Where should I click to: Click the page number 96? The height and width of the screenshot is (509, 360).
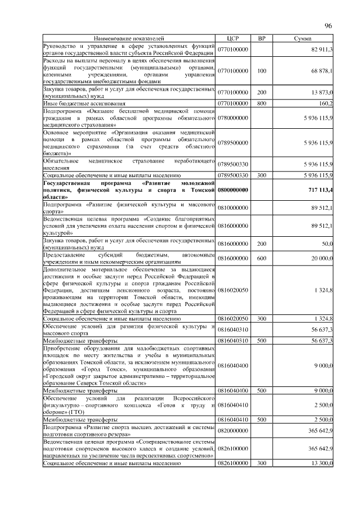[x=329, y=25]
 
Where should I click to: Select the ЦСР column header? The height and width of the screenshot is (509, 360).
[x=233, y=38]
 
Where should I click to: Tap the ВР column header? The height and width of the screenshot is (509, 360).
[x=261, y=38]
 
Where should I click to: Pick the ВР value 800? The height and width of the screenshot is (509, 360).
[x=261, y=103]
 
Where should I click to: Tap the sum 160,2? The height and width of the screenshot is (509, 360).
[x=326, y=103]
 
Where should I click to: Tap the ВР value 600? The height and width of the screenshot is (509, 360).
[x=261, y=258]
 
